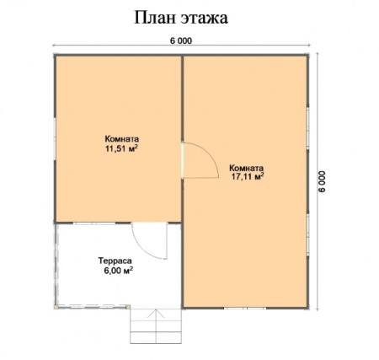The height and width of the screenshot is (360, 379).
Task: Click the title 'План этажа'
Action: (181, 18)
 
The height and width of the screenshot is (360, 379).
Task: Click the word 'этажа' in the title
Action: (204, 19)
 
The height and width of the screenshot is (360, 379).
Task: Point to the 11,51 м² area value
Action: (121, 148)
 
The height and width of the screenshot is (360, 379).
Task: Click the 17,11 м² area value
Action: (247, 176)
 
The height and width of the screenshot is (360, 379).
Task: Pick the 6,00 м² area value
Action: (118, 271)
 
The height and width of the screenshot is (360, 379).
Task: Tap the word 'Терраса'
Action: (115, 261)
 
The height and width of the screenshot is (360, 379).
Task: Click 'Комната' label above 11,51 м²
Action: (122, 139)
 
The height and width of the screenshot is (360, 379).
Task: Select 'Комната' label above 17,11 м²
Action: (247, 168)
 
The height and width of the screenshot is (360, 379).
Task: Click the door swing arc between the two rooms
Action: (210, 153)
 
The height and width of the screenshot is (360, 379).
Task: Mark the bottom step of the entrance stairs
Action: (156, 337)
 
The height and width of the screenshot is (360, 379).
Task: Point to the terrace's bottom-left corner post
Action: (56, 307)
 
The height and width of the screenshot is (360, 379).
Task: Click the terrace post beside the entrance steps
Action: (128, 307)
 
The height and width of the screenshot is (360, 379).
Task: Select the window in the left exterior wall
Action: (55, 139)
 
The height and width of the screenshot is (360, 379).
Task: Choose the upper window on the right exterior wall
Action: (307, 128)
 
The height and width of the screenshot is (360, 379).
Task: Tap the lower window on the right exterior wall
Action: (307, 234)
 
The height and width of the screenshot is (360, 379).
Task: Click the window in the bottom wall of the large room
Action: (245, 309)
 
